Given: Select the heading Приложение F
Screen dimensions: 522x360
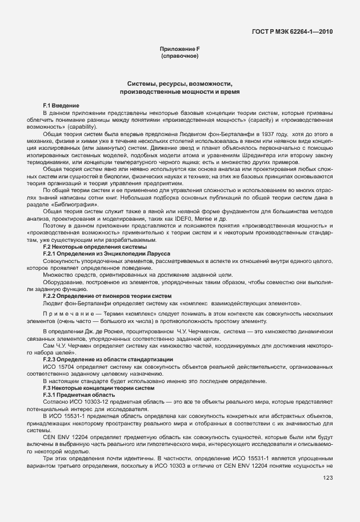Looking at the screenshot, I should point(179,50).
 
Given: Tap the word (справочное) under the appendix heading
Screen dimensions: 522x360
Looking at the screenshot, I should point(179,57).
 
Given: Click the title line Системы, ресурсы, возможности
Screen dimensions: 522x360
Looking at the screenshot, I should point(179,83).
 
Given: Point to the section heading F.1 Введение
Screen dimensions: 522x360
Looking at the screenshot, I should point(61,106).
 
